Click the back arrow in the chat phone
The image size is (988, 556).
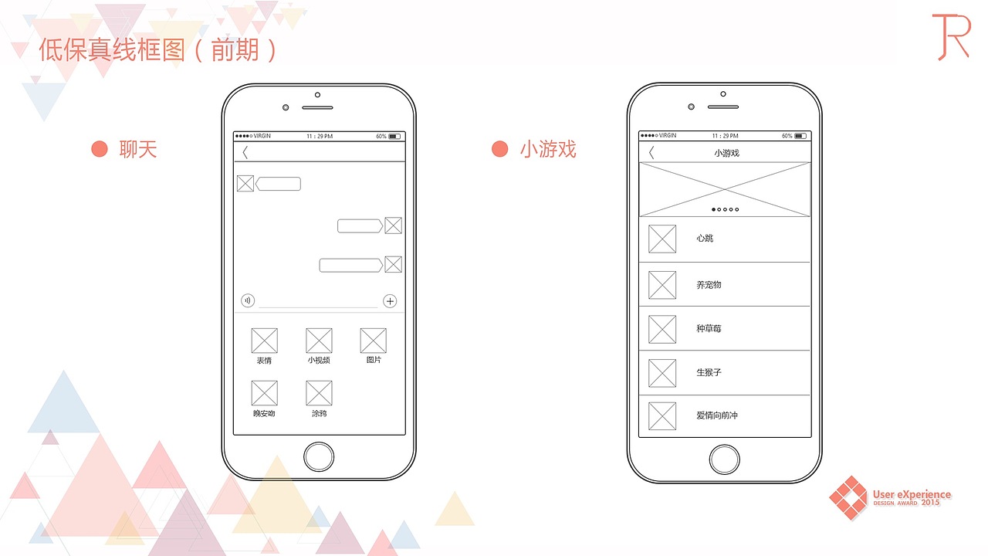(245, 153)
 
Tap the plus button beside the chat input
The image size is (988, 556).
(390, 301)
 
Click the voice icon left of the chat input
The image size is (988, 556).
(248, 301)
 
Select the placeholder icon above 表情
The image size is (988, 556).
(265, 341)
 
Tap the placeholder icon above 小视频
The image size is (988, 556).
(319, 341)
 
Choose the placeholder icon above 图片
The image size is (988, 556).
(374, 341)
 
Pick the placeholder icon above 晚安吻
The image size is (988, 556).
(265, 393)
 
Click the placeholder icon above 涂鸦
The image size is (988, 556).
(319, 393)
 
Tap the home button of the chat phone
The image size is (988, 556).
(319, 456)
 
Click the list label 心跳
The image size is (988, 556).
(705, 239)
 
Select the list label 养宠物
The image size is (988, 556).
(709, 285)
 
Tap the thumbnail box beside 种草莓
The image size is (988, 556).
(662, 329)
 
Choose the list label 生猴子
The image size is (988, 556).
(709, 372)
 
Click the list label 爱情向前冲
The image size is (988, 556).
(717, 415)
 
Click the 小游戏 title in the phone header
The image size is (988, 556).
(726, 153)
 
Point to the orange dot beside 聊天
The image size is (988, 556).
(100, 149)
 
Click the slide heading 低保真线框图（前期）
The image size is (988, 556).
(158, 51)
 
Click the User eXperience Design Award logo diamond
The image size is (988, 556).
(848, 497)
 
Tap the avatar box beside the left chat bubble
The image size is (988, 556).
(245, 184)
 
